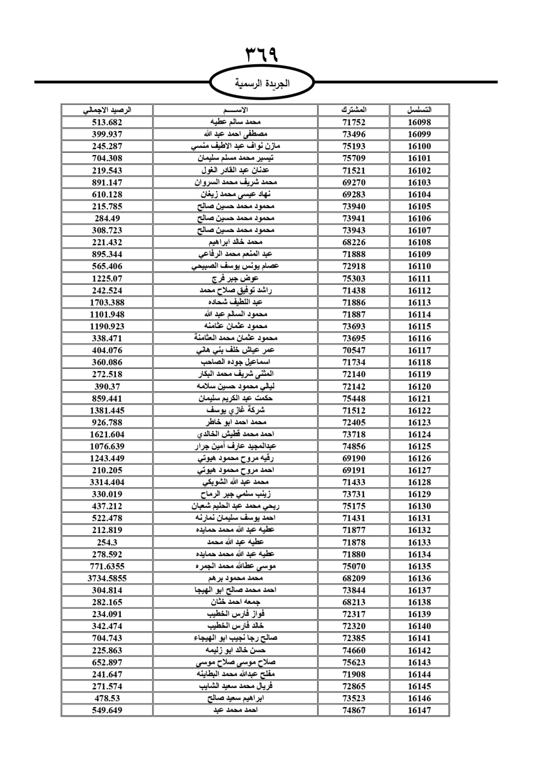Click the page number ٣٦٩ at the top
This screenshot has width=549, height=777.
(261, 55)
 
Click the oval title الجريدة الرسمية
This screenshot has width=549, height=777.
(262, 84)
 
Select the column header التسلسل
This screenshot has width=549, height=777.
(419, 110)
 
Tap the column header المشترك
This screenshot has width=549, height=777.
(354, 110)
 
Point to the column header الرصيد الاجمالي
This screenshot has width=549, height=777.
(107, 110)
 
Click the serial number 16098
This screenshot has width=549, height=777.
(419, 123)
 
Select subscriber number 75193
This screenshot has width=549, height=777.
(354, 146)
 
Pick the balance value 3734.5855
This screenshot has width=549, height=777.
(107, 578)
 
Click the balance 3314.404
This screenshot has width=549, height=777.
(107, 482)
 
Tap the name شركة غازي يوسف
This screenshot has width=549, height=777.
(236, 410)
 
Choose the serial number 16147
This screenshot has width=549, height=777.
(419, 710)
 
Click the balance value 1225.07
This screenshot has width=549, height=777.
(107, 279)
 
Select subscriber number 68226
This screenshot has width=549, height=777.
(354, 242)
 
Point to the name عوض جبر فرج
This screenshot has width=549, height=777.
(236, 279)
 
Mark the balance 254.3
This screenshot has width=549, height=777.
(107, 542)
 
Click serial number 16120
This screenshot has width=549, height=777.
(419, 386)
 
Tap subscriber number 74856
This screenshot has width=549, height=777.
(354, 446)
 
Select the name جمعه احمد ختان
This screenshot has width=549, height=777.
(236, 602)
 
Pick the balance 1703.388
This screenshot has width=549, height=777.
(107, 302)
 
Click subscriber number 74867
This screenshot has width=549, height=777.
(354, 710)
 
